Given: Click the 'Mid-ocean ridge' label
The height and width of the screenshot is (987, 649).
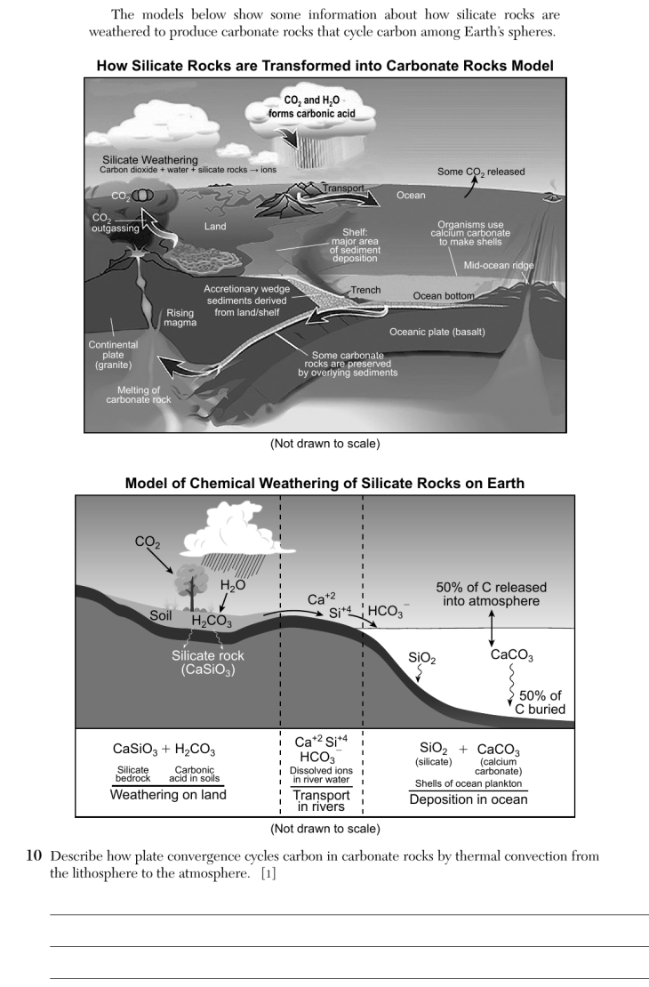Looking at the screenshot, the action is [499, 266].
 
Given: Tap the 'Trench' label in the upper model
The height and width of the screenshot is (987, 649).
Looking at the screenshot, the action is [365, 290].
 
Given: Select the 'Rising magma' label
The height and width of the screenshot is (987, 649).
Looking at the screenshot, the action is [180, 317].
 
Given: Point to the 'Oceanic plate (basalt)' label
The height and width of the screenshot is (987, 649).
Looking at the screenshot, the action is [437, 332].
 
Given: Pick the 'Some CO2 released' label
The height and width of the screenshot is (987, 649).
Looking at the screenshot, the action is [481, 172].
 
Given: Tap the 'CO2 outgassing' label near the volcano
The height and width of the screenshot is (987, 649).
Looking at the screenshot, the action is [116, 223].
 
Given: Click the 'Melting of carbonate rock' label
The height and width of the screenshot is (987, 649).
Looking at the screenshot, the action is [139, 395].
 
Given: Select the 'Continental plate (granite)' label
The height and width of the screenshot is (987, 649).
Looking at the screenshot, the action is [113, 355].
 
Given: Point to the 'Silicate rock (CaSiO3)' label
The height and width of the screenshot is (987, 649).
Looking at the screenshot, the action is [208, 662].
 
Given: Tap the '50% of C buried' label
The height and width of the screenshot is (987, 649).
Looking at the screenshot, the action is [541, 702].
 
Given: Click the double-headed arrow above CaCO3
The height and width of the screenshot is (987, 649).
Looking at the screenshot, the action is [492, 628].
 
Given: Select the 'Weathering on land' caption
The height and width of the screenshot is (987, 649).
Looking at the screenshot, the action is [168, 794].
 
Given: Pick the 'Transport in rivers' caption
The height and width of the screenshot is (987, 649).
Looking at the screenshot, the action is [321, 800].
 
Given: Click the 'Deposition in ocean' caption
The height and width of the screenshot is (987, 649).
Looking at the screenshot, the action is [469, 799].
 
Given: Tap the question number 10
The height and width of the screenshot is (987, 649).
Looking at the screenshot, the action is [34, 856].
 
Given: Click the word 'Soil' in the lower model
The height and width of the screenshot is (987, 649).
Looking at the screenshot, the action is [161, 615].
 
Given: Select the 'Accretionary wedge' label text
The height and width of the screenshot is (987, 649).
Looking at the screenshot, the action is [247, 289].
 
